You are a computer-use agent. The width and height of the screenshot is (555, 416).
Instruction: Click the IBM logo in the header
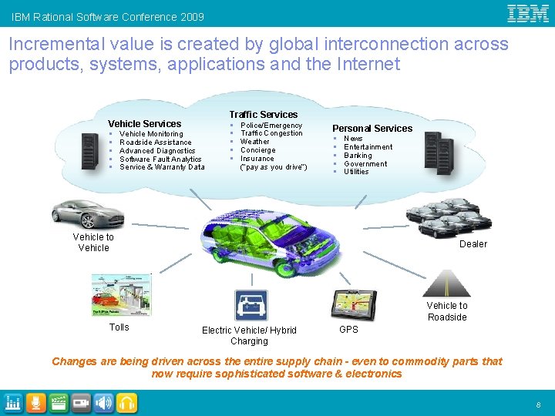pos(528,13)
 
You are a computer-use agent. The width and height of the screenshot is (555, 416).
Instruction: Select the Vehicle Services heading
pos(144,123)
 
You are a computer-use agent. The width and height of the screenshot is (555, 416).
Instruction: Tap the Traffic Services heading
pos(263,114)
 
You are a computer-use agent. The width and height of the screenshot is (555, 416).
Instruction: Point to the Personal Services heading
pos(372,128)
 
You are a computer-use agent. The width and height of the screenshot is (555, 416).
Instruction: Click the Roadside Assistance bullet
pos(155,143)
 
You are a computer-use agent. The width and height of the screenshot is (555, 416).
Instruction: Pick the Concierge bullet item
pos(257,150)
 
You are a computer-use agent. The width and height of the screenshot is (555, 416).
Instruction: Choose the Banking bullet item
pos(358,156)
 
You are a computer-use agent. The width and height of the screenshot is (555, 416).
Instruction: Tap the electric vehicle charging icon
pos(251,306)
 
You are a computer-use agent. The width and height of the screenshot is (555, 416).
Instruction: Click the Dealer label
pos(473,244)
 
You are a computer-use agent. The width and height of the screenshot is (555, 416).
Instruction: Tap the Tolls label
pos(119,327)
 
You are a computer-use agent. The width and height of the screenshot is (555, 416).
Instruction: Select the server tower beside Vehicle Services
pos(90,152)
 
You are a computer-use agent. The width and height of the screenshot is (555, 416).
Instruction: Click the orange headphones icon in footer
pos(127,402)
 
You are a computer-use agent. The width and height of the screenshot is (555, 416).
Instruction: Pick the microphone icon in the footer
pos(35,402)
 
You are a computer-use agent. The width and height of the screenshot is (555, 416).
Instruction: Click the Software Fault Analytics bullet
pos(160,159)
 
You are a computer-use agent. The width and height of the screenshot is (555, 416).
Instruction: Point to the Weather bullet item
pos(255,142)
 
